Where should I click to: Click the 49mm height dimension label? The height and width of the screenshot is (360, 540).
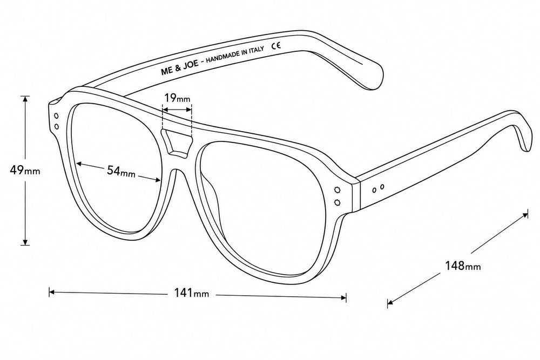point(25,170)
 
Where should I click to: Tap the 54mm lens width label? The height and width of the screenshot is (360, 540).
point(121,171)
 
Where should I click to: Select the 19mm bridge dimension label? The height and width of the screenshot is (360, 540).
point(177,98)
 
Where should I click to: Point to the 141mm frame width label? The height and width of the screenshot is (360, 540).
point(191,293)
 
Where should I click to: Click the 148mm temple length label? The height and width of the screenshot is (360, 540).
point(463,266)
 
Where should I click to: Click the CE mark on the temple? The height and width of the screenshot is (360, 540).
point(276,45)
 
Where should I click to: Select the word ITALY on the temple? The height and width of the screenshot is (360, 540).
point(256,50)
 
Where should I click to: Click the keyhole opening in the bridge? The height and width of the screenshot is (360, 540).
point(177,141)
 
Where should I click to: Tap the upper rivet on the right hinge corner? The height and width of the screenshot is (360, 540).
point(337,189)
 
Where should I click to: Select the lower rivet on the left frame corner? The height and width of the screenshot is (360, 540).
point(57,127)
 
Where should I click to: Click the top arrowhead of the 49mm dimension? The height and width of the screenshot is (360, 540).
point(25,99)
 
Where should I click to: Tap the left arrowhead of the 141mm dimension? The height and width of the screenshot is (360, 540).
point(52,293)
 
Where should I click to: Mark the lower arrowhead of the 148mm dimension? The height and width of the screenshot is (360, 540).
point(390,303)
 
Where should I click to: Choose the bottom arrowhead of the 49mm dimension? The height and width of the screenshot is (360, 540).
point(25,242)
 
